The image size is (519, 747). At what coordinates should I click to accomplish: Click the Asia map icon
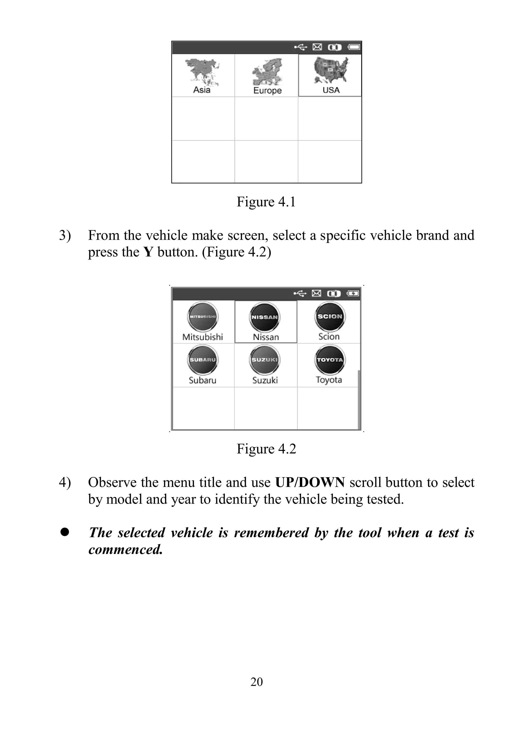tap(202, 71)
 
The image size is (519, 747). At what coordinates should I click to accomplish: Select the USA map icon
tap(331, 70)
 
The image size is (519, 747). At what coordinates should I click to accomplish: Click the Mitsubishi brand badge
tap(202, 317)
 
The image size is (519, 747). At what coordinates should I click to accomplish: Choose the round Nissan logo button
tap(265, 317)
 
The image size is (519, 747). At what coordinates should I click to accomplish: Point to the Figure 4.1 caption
tap(266, 202)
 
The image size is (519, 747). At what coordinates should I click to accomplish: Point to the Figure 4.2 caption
tap(266, 449)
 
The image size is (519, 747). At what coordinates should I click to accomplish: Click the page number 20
tap(256, 682)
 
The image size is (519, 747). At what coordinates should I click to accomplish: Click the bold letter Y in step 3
tap(148, 252)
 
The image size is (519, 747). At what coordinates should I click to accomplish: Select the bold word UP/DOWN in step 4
tap(310, 482)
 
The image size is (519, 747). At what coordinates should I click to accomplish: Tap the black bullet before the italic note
tap(65, 532)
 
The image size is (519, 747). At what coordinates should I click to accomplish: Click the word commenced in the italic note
tap(125, 550)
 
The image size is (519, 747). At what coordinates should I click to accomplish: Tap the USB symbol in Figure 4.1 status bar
tap(301, 47)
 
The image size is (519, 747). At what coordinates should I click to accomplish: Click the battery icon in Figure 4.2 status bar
tap(353, 294)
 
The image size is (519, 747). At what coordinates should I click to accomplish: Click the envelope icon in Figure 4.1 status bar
tap(317, 47)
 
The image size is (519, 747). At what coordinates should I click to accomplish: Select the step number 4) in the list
tap(65, 482)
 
